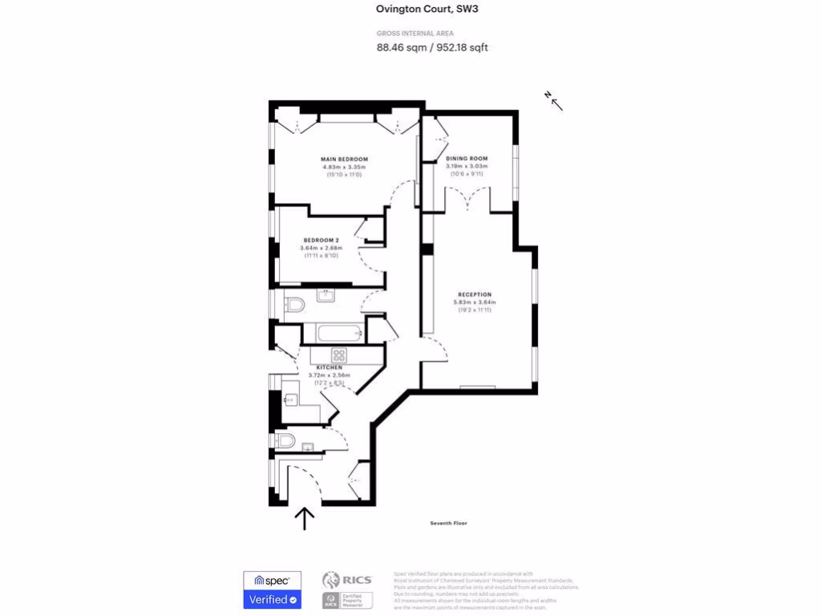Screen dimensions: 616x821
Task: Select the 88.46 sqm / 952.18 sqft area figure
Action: click(432, 47)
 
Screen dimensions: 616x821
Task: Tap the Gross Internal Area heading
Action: click(415, 33)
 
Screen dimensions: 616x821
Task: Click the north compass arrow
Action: click(555, 101)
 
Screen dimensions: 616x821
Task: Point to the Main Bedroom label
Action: click(344, 160)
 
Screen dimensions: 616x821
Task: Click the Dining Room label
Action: click(467, 159)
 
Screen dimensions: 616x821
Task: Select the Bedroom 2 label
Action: click(321, 241)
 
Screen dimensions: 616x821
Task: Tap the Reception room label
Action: click(475, 294)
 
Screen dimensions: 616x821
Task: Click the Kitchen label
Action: click(329, 367)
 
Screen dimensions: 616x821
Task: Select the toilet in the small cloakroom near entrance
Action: click(285, 440)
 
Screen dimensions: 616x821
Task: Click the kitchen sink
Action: click(290, 399)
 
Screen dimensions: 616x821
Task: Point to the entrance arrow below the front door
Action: click(304, 519)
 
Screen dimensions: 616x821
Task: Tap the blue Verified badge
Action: click(272, 599)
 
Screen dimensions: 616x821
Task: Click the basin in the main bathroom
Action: click(326, 296)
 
